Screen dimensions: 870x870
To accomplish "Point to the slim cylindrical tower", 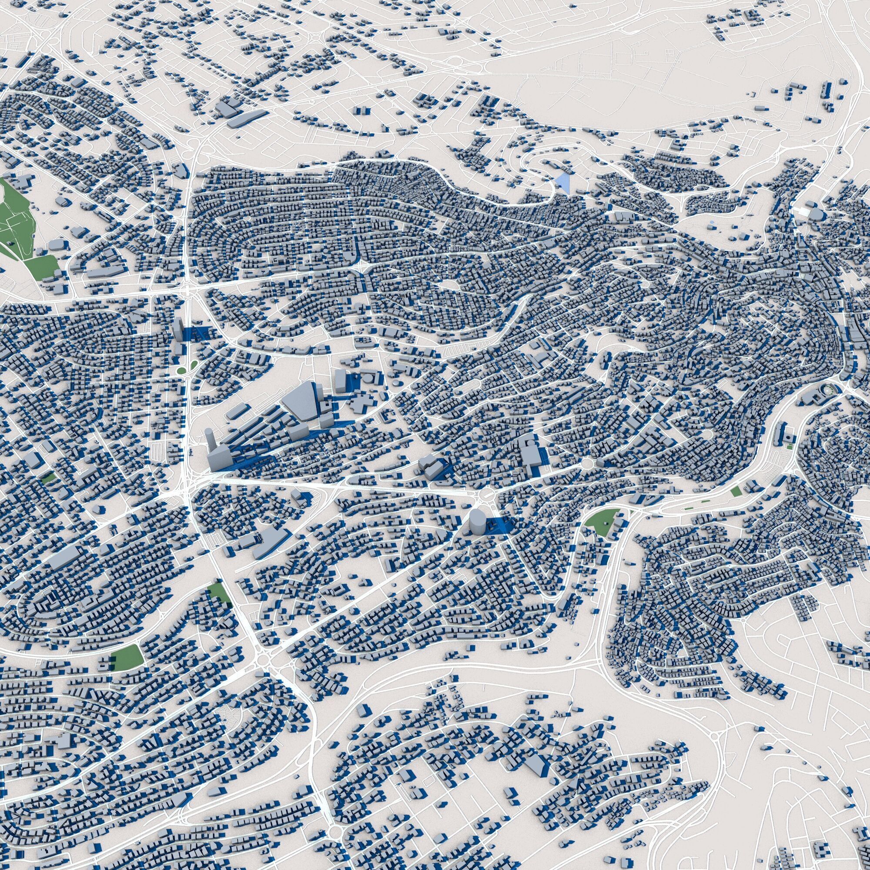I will [209, 439].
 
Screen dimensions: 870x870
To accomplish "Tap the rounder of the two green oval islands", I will [181, 370].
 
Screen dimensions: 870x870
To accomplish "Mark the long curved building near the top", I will [246, 119].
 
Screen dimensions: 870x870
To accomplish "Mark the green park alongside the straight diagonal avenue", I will [220, 592].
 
